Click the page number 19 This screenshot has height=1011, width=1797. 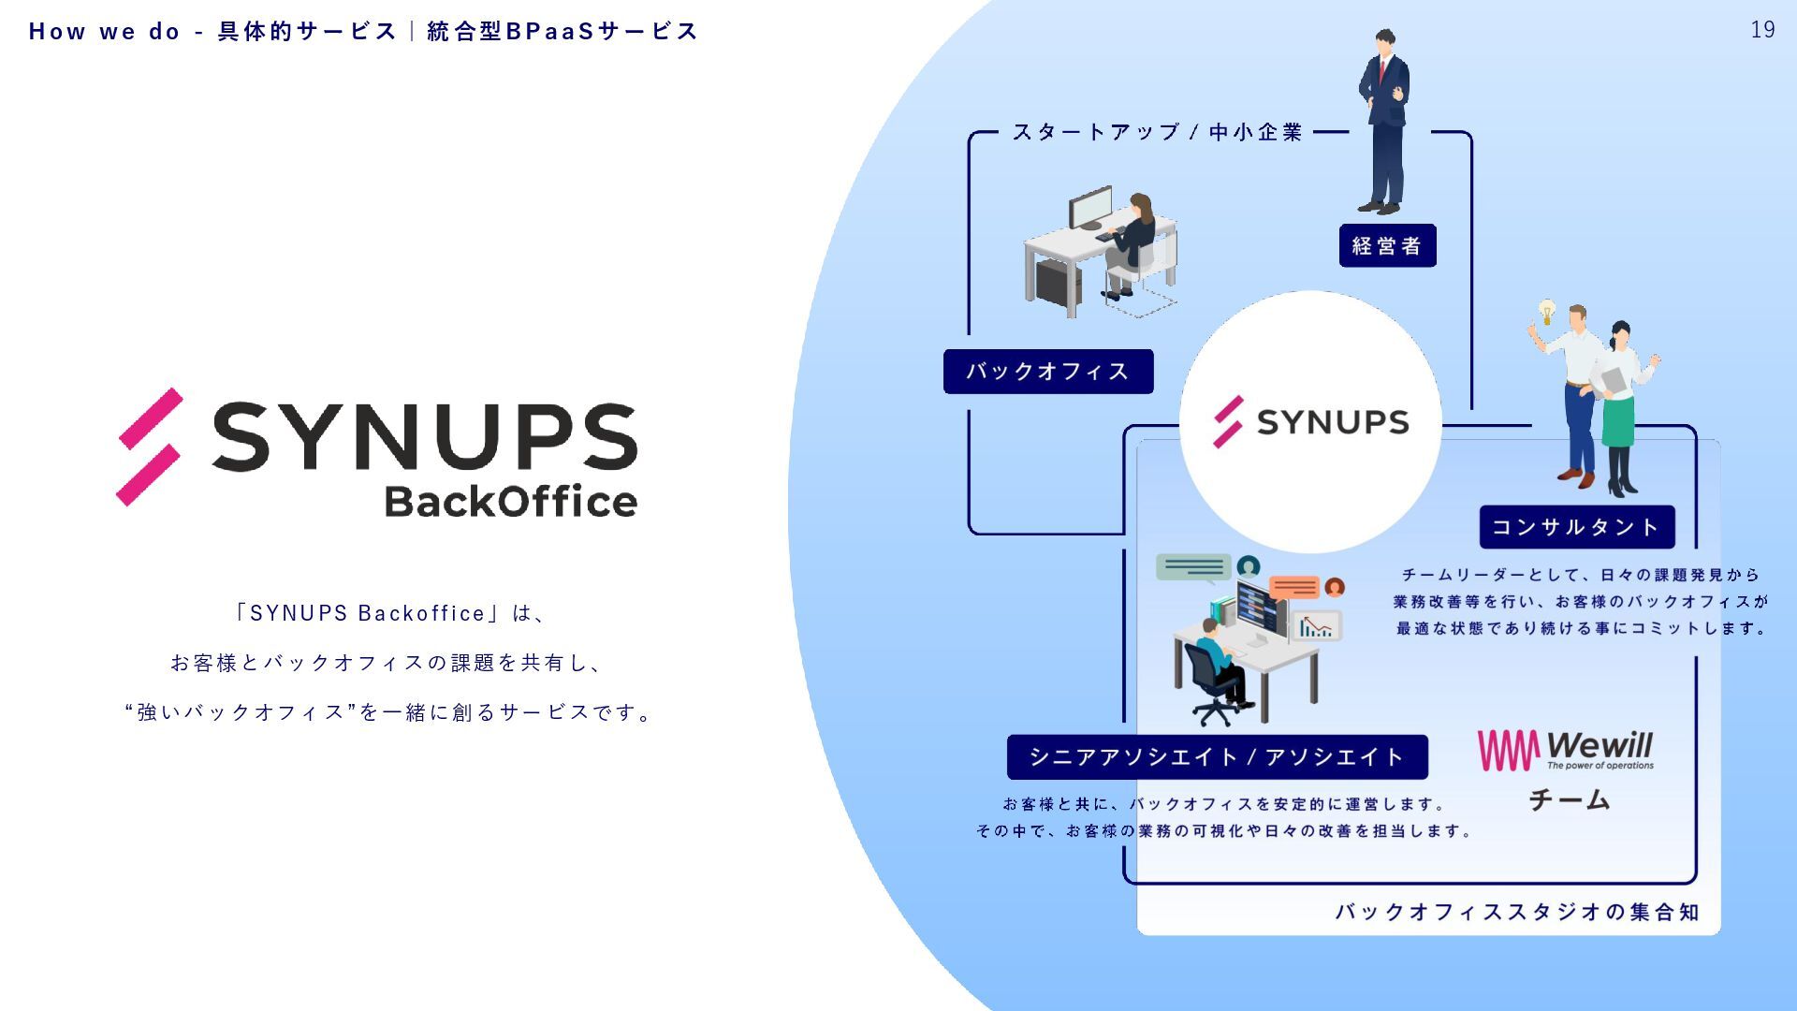1762,30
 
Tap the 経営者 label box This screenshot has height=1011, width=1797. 1387,245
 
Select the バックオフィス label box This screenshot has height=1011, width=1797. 1048,372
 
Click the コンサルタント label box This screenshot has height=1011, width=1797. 1576,527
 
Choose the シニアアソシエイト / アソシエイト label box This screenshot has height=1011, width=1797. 1217,756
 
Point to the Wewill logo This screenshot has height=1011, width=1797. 1565,750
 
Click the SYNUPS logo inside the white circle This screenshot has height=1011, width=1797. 1310,422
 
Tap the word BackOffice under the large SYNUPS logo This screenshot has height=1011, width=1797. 511,502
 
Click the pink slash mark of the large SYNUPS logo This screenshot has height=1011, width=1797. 149,447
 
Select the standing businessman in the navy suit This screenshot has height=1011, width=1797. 1384,122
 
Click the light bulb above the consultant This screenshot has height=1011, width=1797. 1547,311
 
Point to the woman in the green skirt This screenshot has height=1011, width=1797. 1619,407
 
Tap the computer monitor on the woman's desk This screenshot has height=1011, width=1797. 1089,209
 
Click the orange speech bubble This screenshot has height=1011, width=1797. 1293,587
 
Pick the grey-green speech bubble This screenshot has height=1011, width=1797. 1192,567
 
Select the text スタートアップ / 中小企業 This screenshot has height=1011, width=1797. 1157,132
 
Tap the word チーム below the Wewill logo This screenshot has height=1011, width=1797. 1569,799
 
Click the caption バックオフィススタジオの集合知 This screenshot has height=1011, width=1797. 1516,912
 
